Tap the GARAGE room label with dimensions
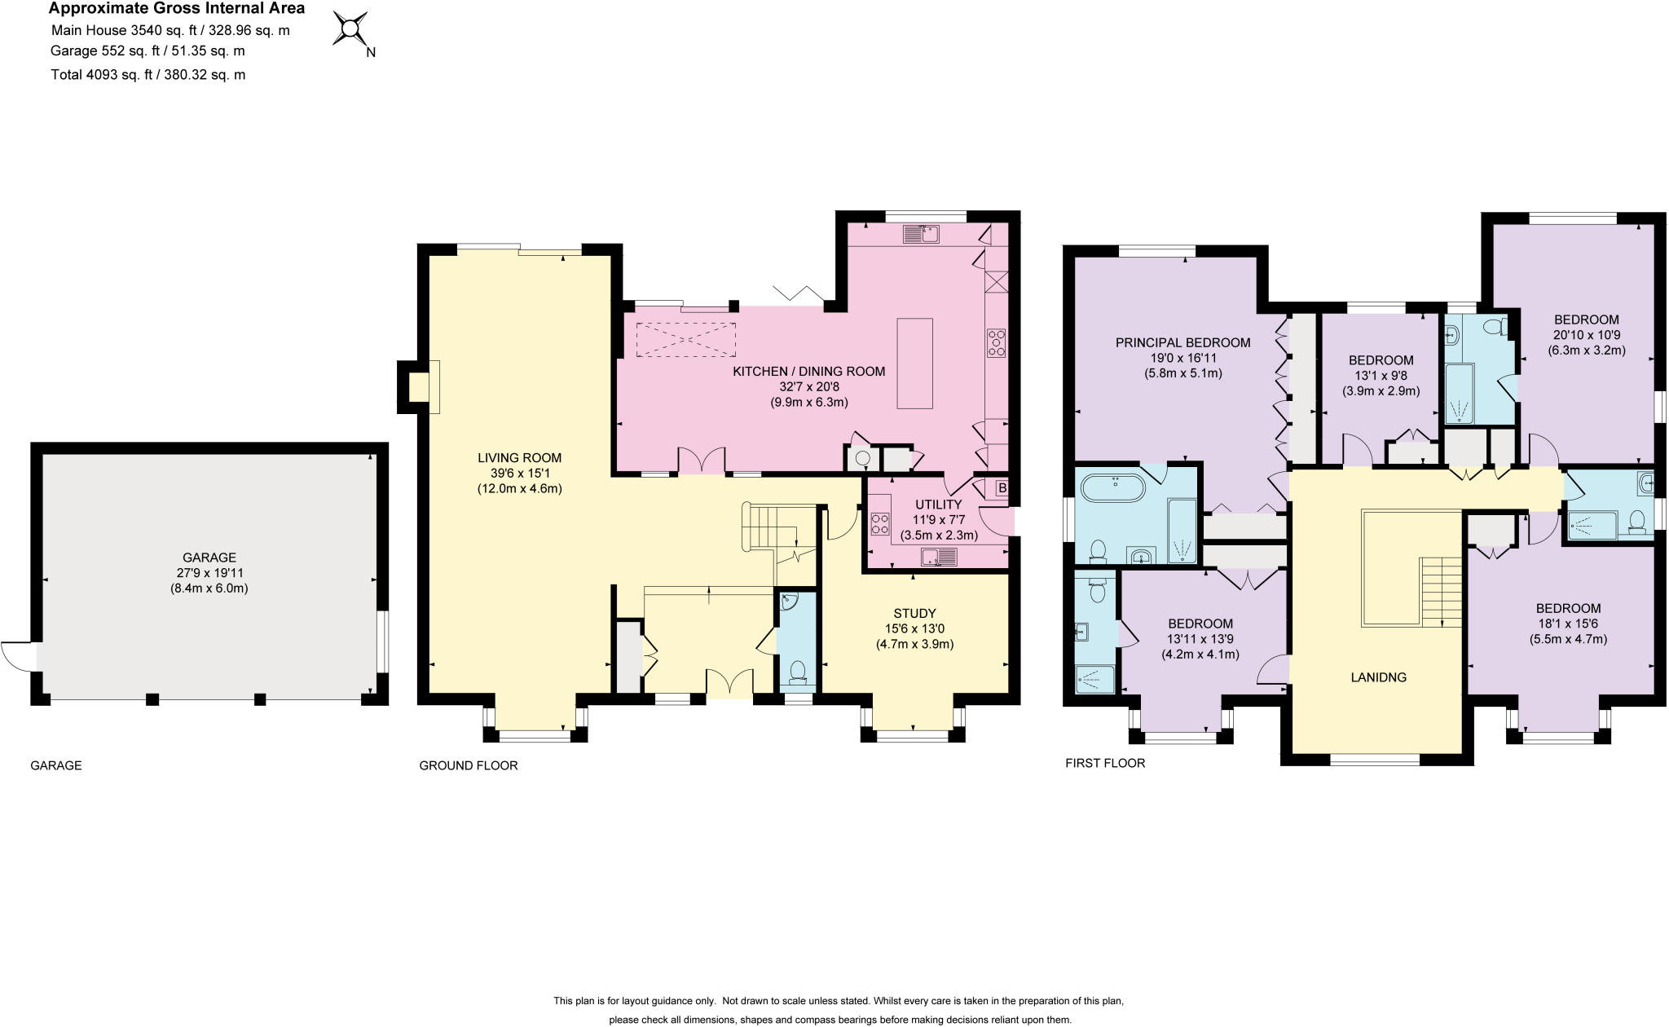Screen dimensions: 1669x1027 click(x=209, y=572)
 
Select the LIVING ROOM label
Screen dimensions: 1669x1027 click(x=520, y=474)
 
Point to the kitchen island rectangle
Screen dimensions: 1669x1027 click(x=915, y=364)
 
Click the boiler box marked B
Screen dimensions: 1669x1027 click(x=1002, y=488)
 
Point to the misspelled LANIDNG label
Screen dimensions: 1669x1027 click(x=1378, y=677)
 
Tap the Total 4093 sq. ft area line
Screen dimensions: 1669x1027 click(x=148, y=75)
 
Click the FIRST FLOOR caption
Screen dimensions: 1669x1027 click(x=1105, y=763)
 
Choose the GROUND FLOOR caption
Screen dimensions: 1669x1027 click(x=469, y=765)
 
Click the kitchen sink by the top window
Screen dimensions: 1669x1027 click(x=922, y=235)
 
